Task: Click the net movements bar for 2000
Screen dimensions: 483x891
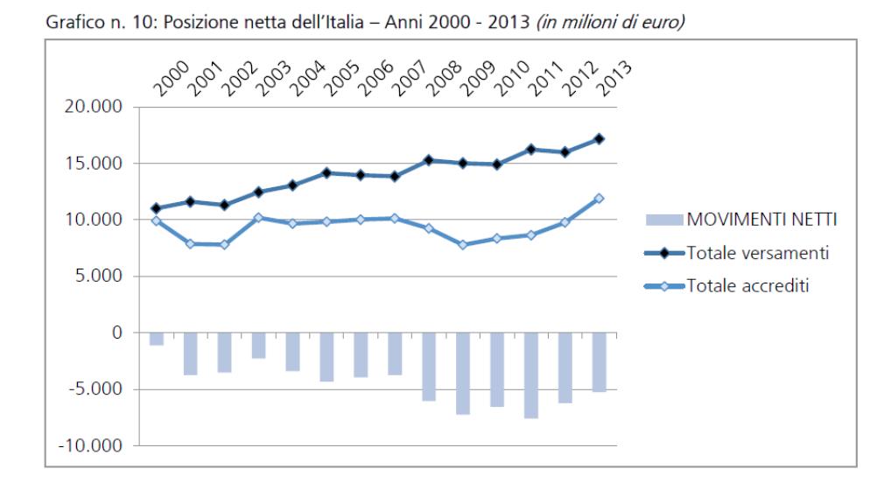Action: [x=157, y=339]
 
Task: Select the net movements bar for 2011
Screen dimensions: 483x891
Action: [x=531, y=375]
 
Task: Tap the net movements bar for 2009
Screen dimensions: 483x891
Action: [x=463, y=374]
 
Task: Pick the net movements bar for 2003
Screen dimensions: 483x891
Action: [x=258, y=346]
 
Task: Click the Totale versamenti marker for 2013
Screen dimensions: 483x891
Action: [x=600, y=139]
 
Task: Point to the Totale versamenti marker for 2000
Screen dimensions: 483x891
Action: [x=157, y=208]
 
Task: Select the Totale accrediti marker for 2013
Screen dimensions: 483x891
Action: [x=600, y=199]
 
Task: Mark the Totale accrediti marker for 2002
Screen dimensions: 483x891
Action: [x=225, y=244]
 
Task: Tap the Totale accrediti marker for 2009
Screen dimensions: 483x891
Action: [x=463, y=245]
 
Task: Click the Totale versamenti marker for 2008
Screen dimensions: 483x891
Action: [x=429, y=160]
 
